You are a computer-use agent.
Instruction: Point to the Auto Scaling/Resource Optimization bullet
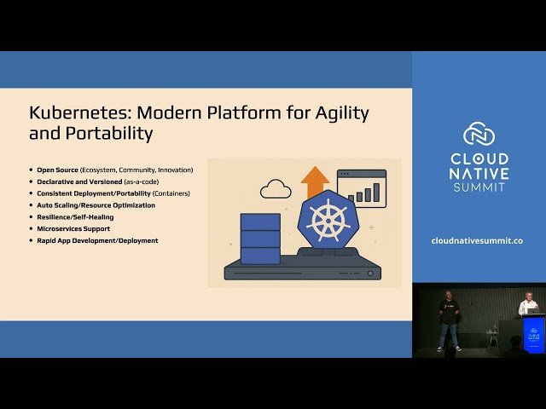click(x=96, y=205)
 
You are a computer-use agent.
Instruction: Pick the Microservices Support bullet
click(x=73, y=229)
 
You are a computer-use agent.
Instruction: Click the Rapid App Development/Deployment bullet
click(x=97, y=241)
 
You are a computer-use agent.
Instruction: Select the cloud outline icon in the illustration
click(x=276, y=188)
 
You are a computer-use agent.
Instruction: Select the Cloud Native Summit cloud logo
click(x=479, y=134)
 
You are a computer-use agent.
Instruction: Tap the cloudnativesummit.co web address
click(x=479, y=241)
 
